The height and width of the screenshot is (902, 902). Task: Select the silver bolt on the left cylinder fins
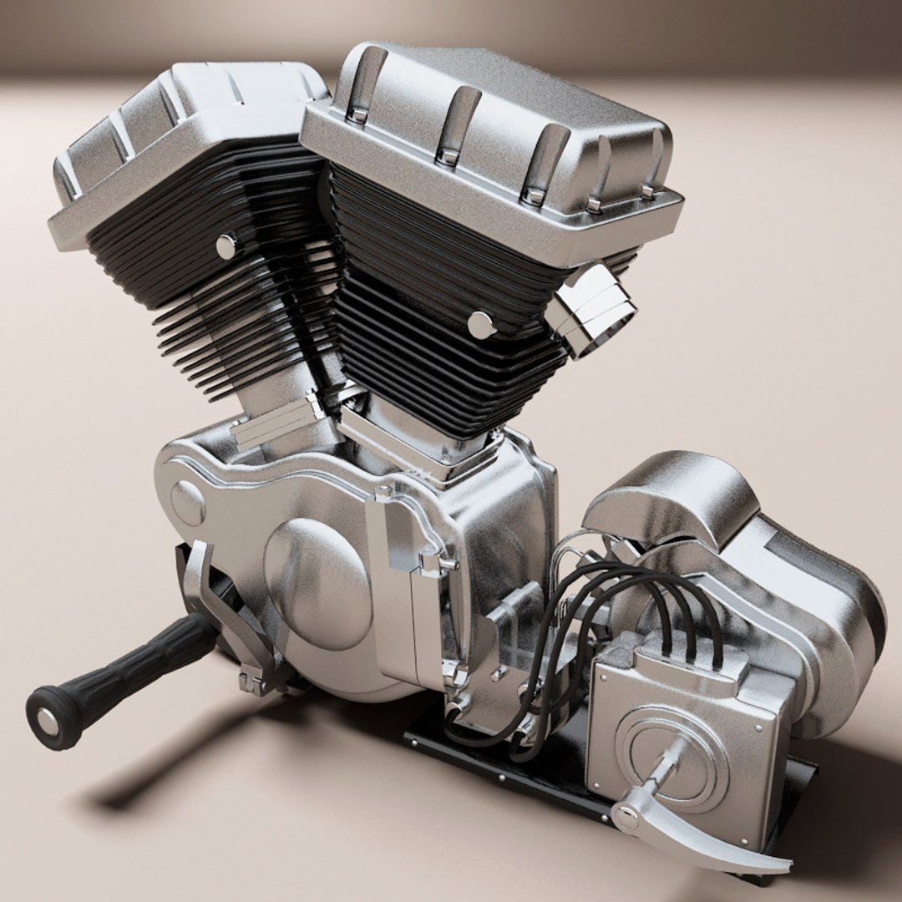(x=225, y=246)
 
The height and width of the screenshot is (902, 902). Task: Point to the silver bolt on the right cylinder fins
(x=481, y=325)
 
